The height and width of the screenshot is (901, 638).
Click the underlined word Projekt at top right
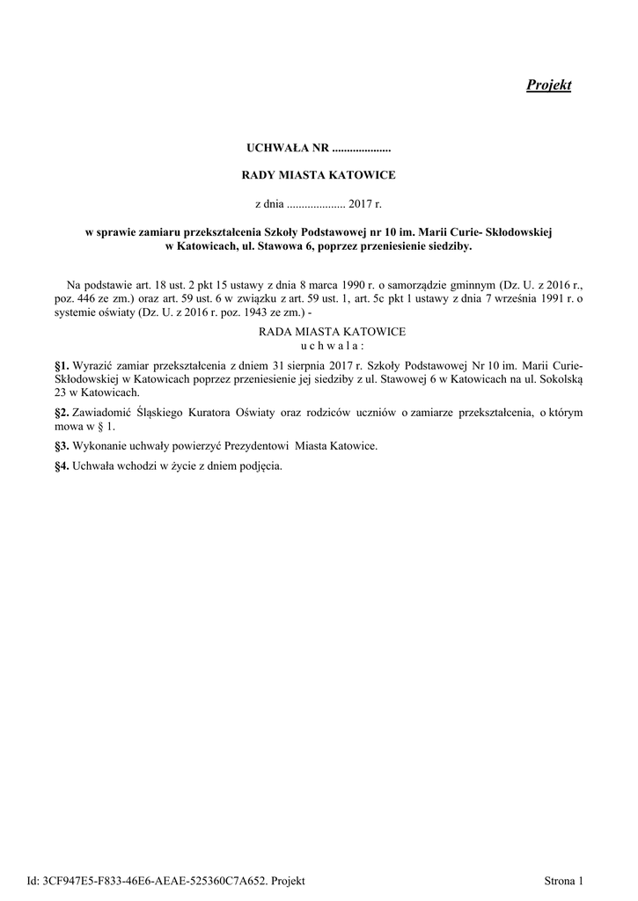pos(548,85)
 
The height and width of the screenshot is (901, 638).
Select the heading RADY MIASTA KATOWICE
pos(319,175)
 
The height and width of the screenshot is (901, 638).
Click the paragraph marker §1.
pos(62,363)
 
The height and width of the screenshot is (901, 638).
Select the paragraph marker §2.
pos(62,412)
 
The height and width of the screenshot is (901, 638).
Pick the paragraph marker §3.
pos(62,446)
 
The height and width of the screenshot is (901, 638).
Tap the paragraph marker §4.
pos(62,466)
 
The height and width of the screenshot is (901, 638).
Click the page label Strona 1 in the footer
pos(564,880)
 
